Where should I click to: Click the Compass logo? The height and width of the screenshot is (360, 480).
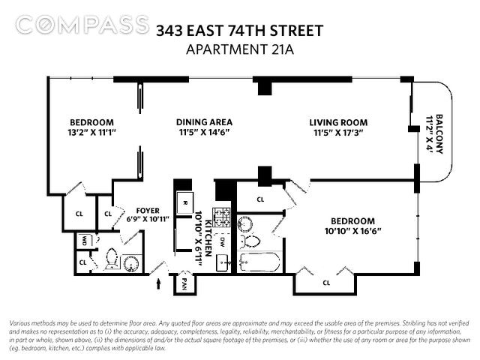(x=82, y=25)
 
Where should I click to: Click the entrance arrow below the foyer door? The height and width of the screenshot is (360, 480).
(x=158, y=283)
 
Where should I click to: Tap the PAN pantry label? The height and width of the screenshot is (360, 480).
(x=184, y=283)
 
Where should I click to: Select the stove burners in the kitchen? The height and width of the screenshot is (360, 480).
(x=222, y=217)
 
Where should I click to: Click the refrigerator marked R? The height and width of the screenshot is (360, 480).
(x=185, y=202)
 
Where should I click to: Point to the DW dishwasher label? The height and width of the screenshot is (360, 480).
(x=222, y=242)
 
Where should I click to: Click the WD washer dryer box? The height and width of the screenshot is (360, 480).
(x=85, y=241)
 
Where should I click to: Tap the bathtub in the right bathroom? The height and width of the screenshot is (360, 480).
(x=259, y=262)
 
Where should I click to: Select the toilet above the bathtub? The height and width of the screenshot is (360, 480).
(x=250, y=241)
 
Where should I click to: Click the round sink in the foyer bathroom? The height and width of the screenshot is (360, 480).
(x=132, y=263)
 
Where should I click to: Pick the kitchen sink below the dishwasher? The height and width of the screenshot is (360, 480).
(x=223, y=262)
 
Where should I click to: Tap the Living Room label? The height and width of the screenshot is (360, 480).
(x=338, y=123)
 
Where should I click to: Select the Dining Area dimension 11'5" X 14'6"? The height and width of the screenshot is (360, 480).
(x=204, y=133)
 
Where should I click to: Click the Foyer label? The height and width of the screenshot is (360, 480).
(x=148, y=211)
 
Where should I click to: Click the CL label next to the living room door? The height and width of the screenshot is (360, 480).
(x=260, y=199)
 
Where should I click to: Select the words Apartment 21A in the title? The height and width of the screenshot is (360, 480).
(x=240, y=49)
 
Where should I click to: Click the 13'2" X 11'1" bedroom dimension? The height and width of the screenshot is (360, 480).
(x=91, y=133)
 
